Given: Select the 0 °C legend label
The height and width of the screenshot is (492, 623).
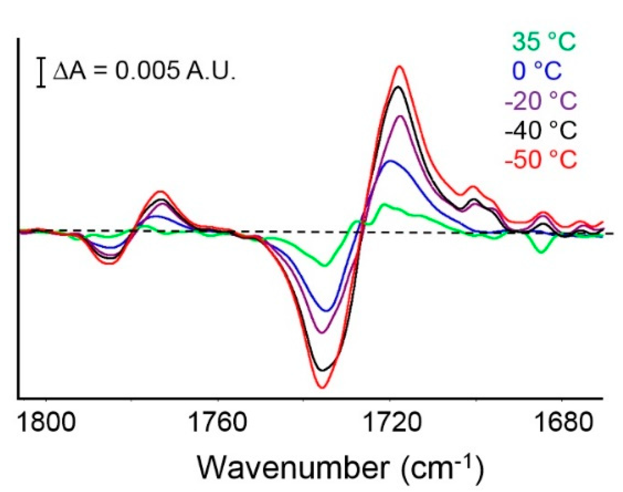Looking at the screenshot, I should (537, 71).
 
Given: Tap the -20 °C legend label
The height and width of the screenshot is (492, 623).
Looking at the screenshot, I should (540, 100).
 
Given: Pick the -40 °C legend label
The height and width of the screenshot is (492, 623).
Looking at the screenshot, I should (540, 130).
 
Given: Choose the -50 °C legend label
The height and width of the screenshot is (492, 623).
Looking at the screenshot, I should (540, 159).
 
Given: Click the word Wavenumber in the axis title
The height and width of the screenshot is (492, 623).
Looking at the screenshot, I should (292, 468).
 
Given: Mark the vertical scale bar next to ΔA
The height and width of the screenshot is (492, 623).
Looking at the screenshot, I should (41, 73).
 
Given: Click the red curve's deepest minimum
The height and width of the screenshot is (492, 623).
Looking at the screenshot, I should (322, 388).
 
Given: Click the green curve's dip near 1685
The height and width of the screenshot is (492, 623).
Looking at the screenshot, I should (541, 252).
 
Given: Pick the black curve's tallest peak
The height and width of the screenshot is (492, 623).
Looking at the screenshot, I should (399, 86).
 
